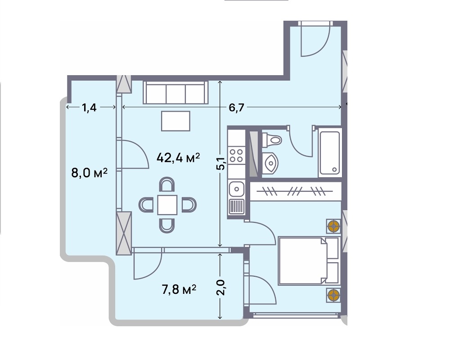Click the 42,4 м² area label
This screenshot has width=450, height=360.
tap(178, 157)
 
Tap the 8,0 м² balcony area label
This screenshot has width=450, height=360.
tap(89, 173)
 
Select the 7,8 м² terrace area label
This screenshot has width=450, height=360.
tap(179, 289)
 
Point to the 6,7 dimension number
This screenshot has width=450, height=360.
tap(237, 108)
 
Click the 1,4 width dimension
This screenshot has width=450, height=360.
tap(89, 108)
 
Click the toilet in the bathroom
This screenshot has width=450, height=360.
tap(271, 140)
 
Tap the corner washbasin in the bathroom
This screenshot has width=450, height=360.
tap(270, 163)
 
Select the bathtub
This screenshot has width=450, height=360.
tap(330, 153)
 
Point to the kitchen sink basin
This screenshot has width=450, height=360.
tap(237, 189)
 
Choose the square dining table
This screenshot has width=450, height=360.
tap(167, 205)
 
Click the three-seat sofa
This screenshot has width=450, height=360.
tap(175, 92)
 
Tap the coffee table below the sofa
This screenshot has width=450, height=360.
tap(175, 121)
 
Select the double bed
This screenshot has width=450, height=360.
tap(309, 261)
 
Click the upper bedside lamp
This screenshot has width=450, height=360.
tap(333, 226)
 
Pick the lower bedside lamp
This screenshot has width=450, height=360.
tap(333, 295)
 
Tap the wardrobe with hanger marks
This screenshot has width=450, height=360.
tap(296, 191)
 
